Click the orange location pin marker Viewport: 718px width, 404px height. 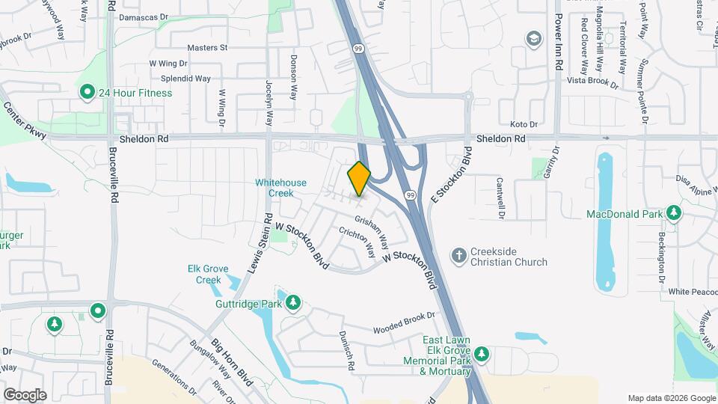pos(359,178)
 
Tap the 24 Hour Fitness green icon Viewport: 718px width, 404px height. pos(88,93)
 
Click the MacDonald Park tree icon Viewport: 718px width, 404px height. pos(674,214)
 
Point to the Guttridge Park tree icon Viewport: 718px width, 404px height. pos(293,302)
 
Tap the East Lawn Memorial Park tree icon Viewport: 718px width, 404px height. pos(482,352)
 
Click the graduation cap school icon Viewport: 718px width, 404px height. pos(533,39)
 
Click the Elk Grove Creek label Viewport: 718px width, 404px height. pos(203,275)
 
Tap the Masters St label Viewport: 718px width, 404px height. pos(207,47)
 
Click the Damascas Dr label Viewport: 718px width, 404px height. pos(144,16)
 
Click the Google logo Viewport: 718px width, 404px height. pos(25,394)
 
